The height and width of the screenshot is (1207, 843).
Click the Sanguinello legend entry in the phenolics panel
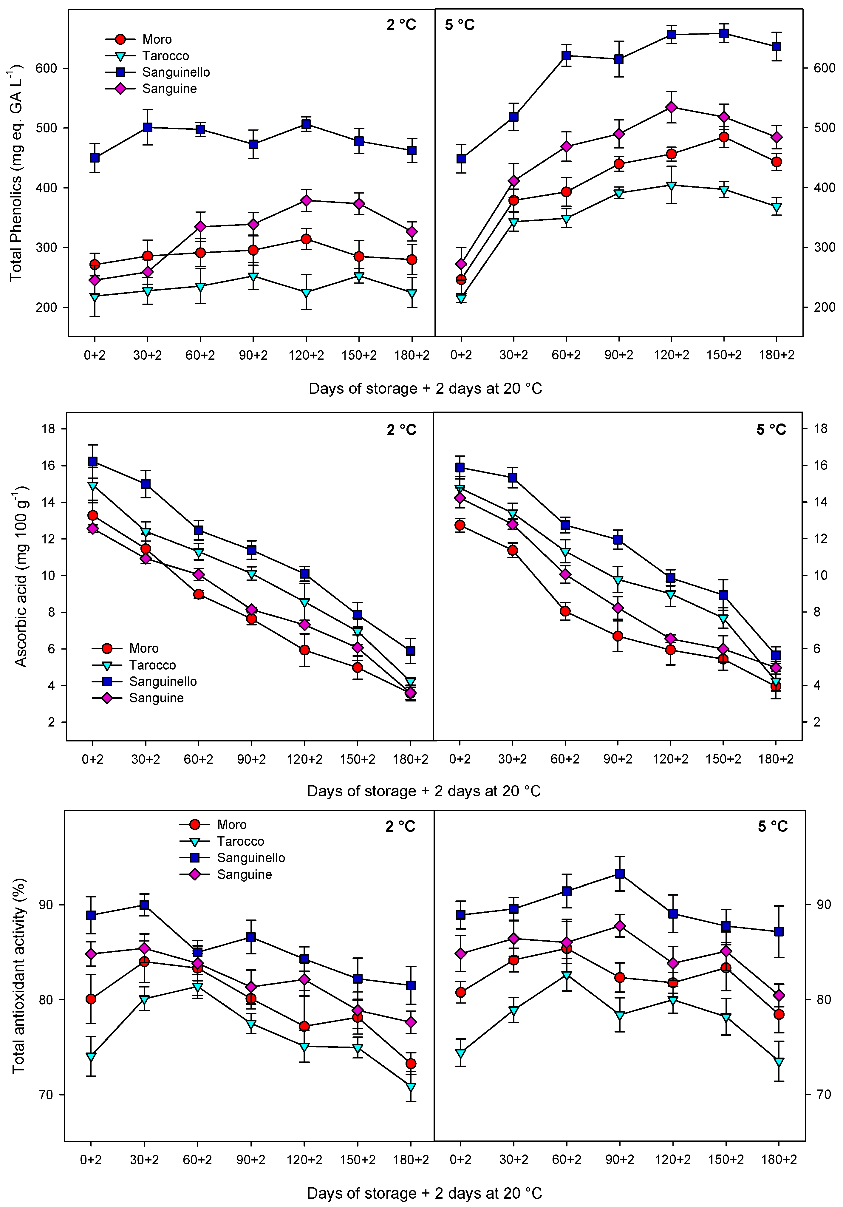pos(176,72)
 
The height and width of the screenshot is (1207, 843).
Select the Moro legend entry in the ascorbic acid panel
pos(143,648)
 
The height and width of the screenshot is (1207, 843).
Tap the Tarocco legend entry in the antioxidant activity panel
pos(240,841)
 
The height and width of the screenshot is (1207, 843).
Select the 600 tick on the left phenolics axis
pos(46,68)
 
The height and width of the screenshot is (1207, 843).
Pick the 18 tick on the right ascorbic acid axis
pos(820,429)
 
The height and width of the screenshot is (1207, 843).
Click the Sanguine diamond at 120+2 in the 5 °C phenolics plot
pos(671,107)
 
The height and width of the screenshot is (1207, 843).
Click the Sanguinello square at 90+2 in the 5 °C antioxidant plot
pos(620,874)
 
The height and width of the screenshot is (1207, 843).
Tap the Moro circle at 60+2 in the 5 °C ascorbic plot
pos(565,611)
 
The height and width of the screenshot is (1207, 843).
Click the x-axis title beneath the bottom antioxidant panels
pos(424,1193)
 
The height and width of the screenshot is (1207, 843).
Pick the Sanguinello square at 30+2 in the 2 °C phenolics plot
pos(148,127)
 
